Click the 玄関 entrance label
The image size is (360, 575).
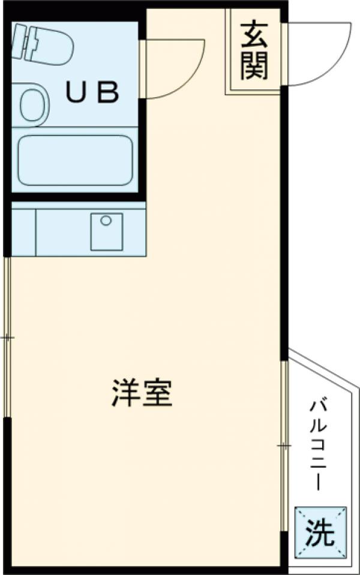coord(254,52)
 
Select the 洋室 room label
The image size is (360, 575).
coord(142,393)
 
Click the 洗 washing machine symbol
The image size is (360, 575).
coord(321,531)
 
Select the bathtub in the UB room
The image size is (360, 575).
coord(74,159)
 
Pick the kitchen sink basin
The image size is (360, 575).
coord(106,231)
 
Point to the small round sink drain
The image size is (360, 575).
coord(106,221)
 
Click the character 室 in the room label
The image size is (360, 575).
coord(158,393)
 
